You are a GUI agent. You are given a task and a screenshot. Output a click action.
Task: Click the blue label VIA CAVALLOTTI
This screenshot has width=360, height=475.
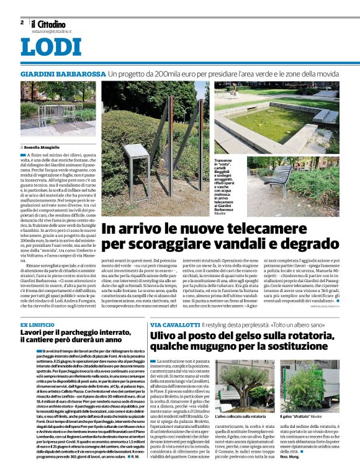pyautogui.click(x=174, y=325)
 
